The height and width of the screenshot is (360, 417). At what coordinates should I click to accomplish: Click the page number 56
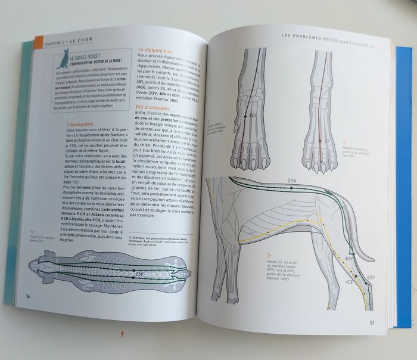(x=27, y=296)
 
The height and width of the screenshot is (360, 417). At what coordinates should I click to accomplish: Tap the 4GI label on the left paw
(x=253, y=114)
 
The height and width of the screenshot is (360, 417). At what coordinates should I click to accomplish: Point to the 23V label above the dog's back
(x=292, y=180)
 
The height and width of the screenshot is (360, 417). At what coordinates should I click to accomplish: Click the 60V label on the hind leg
(x=370, y=278)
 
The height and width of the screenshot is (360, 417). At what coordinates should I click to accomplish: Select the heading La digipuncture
(x=156, y=50)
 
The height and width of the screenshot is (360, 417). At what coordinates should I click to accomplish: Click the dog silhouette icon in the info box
(x=62, y=60)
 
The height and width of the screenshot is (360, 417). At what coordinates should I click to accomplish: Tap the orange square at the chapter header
(x=39, y=42)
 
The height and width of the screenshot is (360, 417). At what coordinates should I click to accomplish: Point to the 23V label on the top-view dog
(x=139, y=274)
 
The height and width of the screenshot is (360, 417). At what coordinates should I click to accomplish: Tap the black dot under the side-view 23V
(x=291, y=188)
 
